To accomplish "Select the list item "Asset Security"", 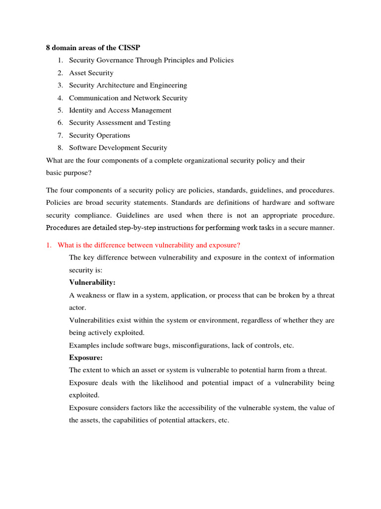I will [x=91, y=73].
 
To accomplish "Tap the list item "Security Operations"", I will [x=99, y=135].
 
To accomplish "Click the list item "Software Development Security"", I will [x=118, y=148].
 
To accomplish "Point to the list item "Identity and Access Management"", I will [x=120, y=110].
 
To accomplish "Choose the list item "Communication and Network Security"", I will [x=128, y=98].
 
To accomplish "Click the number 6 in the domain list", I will [x=60, y=123].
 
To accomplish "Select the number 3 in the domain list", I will [x=60, y=85].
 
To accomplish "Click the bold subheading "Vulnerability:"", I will [x=92, y=282].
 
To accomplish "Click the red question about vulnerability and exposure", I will [x=149, y=245].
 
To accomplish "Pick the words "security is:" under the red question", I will [x=86, y=270].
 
